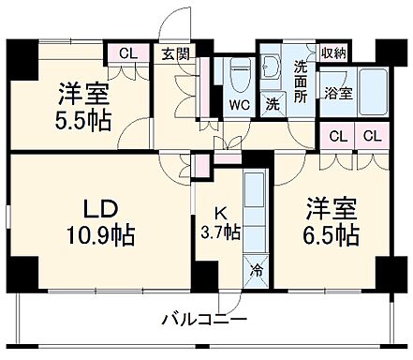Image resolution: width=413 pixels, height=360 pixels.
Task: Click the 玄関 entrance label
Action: click(174, 53)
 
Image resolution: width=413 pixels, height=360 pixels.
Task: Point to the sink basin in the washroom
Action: click(273, 67)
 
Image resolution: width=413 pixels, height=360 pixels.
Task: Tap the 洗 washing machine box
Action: click(272, 104)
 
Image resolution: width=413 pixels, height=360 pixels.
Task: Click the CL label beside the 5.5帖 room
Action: click(124, 53)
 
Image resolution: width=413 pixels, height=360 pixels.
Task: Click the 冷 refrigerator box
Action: click(256, 272)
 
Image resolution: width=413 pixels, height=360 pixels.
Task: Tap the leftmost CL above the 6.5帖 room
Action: click(337, 136)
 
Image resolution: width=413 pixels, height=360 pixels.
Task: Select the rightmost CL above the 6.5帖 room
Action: click(372, 136)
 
